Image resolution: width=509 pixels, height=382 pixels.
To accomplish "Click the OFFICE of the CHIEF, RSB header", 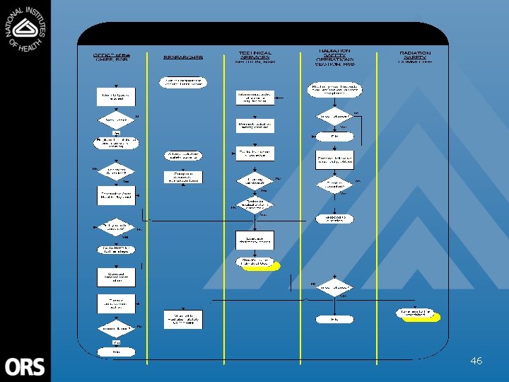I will click(x=111, y=57).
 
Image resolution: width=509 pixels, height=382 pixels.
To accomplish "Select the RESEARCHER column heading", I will click(x=183, y=57).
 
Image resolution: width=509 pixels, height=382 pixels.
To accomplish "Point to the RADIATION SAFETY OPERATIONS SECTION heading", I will click(x=334, y=57).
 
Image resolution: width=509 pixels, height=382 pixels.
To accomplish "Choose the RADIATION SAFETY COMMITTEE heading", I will click(x=415, y=57).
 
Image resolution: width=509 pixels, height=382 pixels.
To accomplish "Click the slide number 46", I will click(x=476, y=361).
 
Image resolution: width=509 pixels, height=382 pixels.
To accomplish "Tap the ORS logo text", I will click(x=25, y=366).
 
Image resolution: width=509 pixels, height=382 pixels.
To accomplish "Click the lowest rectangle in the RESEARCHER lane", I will click(x=183, y=319).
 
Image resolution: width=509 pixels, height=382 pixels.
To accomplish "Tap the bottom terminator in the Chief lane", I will click(x=115, y=351).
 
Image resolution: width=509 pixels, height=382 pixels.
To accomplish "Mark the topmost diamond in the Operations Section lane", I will click(x=334, y=115).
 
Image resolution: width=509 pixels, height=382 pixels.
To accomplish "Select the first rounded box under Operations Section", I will click(x=334, y=88).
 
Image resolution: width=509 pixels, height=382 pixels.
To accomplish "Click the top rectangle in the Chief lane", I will click(x=115, y=97).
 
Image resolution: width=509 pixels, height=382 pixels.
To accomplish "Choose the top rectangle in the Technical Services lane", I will click(x=255, y=98).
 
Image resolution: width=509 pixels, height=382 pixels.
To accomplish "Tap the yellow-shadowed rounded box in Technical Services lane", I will click(x=256, y=262).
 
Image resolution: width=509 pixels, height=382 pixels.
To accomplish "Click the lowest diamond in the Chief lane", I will click(x=115, y=328).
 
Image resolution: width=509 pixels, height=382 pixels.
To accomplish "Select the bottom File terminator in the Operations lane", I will click(x=334, y=319).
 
